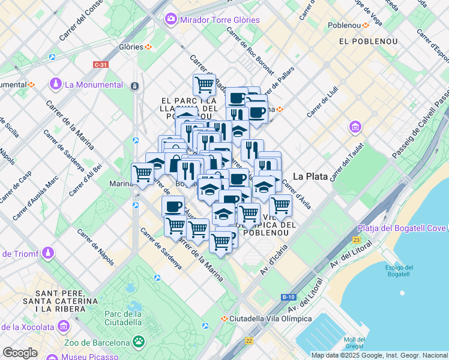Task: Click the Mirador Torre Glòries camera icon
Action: coord(171,20)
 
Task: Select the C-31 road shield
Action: coord(100,64)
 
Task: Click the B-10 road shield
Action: coord(288,296)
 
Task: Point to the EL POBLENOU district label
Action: coord(365,41)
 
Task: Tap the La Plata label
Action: coord(310,176)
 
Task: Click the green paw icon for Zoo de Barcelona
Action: coord(139,343)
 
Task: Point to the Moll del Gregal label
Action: coord(355,343)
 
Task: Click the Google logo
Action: coord(19,353)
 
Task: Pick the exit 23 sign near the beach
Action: coord(357,239)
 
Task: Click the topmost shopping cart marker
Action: coord(204,85)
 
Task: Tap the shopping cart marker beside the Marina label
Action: coord(142,174)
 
